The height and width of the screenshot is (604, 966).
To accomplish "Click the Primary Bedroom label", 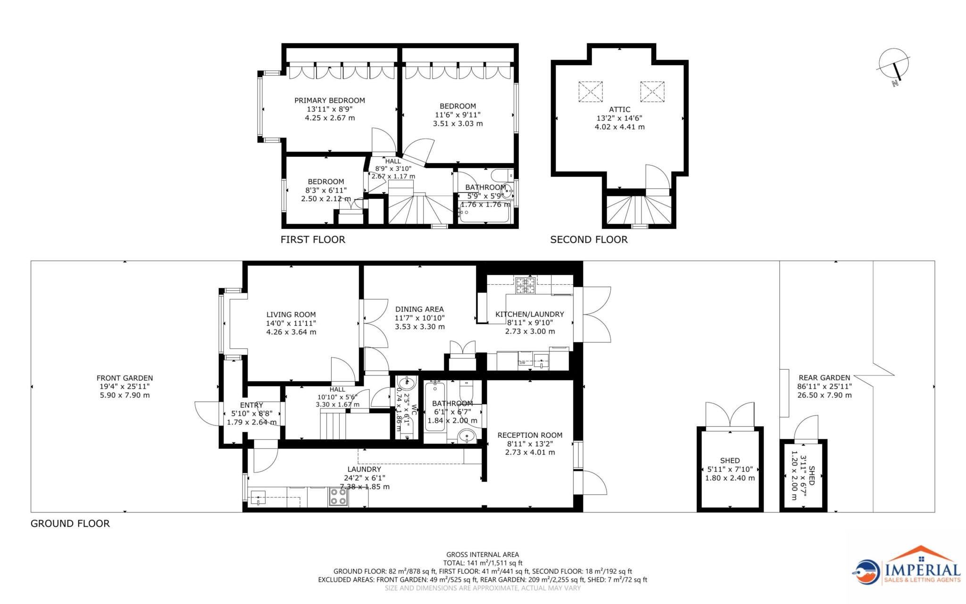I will pyautogui.click(x=330, y=100).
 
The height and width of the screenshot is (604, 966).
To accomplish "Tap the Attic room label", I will pyautogui.click(x=619, y=109).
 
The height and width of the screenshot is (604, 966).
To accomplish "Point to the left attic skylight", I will pyautogui.click(x=591, y=91).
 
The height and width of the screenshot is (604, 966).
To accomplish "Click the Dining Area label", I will pyautogui.click(x=419, y=309).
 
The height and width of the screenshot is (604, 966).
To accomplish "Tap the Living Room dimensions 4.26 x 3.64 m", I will pyautogui.click(x=291, y=332).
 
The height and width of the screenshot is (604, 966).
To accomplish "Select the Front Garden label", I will pyautogui.click(x=125, y=378).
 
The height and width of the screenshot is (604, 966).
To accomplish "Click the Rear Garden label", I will pyautogui.click(x=824, y=377).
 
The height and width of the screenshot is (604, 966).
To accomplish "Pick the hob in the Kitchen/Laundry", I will pyautogui.click(x=525, y=285).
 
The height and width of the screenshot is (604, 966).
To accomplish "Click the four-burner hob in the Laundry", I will pyautogui.click(x=338, y=496).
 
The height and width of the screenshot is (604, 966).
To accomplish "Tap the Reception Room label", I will pyautogui.click(x=530, y=435).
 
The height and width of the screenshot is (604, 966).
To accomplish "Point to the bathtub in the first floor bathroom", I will pyautogui.click(x=484, y=216).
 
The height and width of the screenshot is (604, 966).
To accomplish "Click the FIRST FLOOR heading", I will pyautogui.click(x=313, y=239).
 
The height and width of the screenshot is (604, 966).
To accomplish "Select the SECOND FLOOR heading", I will pyautogui.click(x=589, y=239).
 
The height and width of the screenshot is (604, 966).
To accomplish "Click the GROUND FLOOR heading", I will pyautogui.click(x=70, y=523).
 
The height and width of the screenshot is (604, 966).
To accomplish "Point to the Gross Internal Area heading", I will pyautogui.click(x=483, y=554).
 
